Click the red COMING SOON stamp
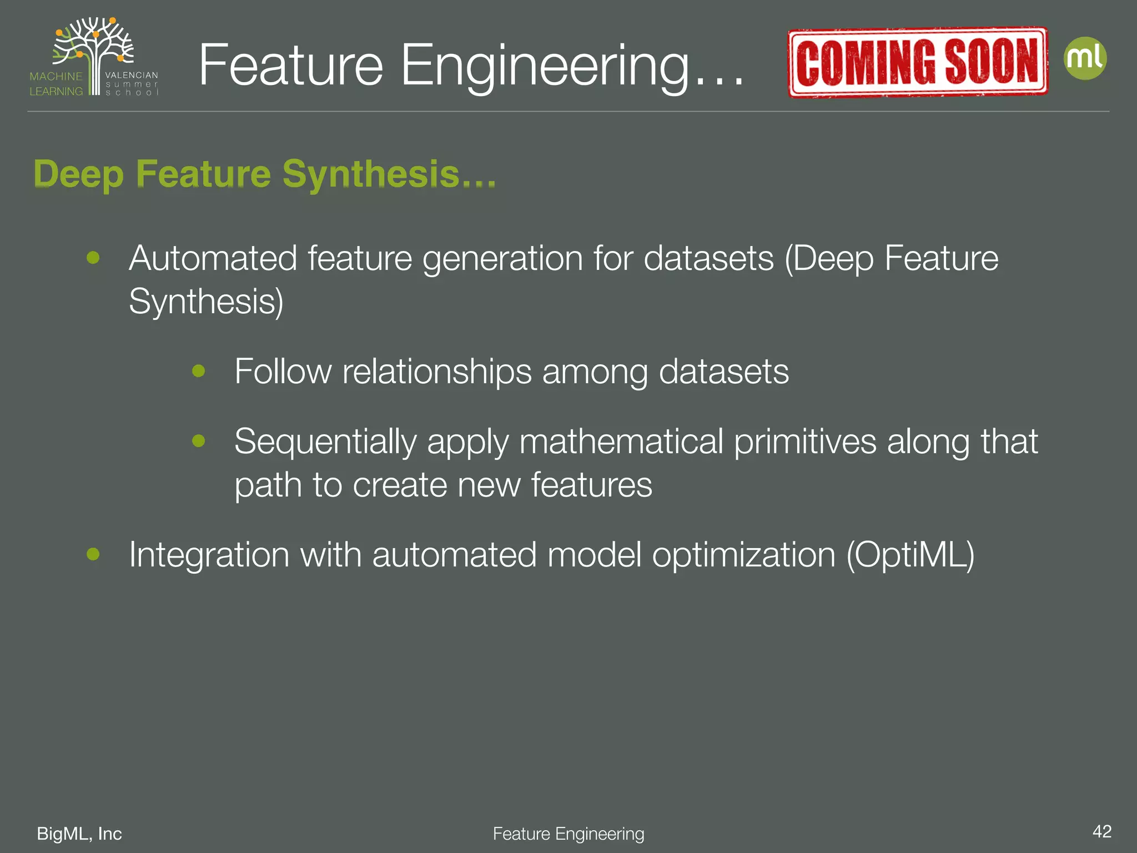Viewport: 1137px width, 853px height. click(x=918, y=62)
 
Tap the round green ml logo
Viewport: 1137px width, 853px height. click(x=1085, y=58)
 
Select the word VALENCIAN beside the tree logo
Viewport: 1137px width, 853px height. click(x=132, y=75)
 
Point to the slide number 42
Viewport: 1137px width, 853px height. click(x=1101, y=831)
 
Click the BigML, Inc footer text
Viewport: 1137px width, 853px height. click(x=79, y=834)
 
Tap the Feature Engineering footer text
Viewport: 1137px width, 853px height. click(x=568, y=834)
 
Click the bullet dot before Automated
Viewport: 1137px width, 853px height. click(x=93, y=258)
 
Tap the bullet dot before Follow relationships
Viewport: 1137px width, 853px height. click(x=198, y=370)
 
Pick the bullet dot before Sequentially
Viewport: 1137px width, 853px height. click(x=198, y=441)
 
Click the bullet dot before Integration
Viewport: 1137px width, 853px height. click(x=93, y=554)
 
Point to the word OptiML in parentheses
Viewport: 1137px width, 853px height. click(x=910, y=554)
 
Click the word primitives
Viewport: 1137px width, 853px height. click(x=805, y=442)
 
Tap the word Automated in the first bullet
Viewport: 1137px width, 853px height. click(x=213, y=258)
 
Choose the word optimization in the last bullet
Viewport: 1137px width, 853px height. click(x=744, y=555)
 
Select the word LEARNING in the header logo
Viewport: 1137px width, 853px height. click(x=56, y=91)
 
